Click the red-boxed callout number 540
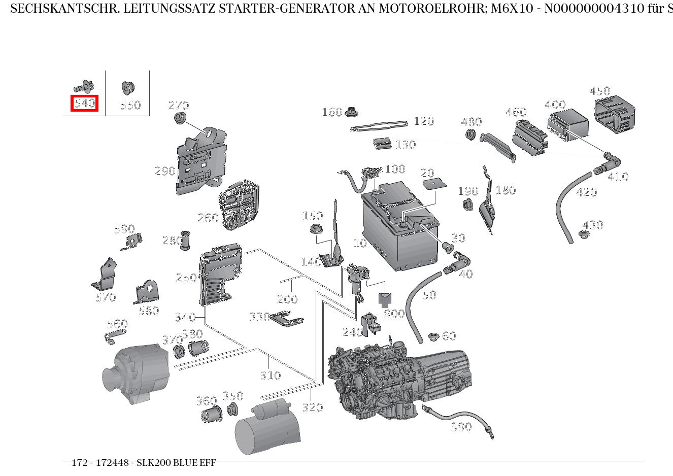(84, 104)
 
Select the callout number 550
(130, 105)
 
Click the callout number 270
(178, 106)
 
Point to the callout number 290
(165, 171)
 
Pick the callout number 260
(208, 218)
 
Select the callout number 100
(395, 169)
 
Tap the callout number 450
(599, 91)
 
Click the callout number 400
(555, 105)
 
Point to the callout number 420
(586, 192)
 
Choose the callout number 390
(461, 427)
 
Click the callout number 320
(312, 407)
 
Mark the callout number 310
(270, 376)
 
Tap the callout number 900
(394, 314)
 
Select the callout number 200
(287, 299)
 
